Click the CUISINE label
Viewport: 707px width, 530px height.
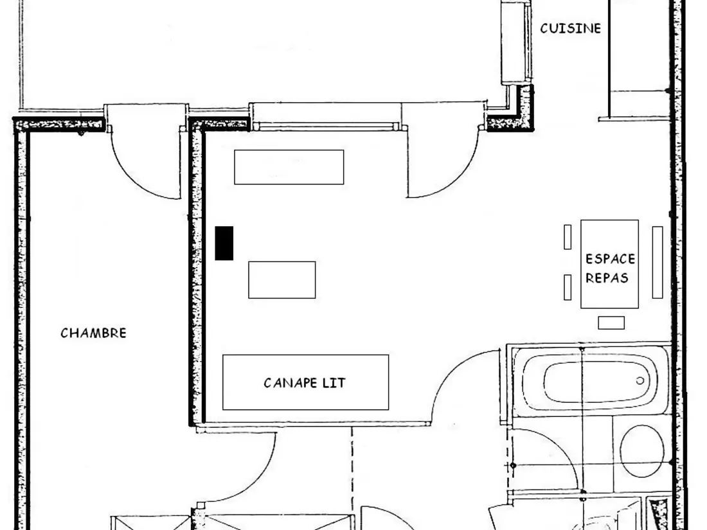pyautogui.click(x=570, y=28)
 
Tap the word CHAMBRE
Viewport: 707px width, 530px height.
pyautogui.click(x=93, y=333)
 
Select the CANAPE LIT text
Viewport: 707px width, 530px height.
pyautogui.click(x=305, y=383)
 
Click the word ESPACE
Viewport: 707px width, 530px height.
pyautogui.click(x=610, y=259)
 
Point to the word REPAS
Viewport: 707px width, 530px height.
pyautogui.click(x=607, y=278)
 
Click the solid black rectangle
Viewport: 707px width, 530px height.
pyautogui.click(x=224, y=243)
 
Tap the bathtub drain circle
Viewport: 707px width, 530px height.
pyautogui.click(x=640, y=381)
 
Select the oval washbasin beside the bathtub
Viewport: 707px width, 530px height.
pyautogui.click(x=642, y=451)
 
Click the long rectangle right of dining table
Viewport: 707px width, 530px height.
pyautogui.click(x=658, y=262)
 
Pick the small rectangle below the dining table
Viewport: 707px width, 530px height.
pyautogui.click(x=611, y=322)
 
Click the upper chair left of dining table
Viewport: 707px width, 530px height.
pyautogui.click(x=568, y=237)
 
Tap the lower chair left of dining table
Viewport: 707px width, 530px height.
pyautogui.click(x=568, y=288)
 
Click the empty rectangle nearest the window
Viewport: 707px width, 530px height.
pyautogui.click(x=289, y=167)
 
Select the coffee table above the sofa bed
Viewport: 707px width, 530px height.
pyautogui.click(x=282, y=280)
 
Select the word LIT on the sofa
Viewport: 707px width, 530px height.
pyautogui.click(x=334, y=383)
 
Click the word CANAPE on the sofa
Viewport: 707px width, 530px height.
pyautogui.click(x=290, y=383)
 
